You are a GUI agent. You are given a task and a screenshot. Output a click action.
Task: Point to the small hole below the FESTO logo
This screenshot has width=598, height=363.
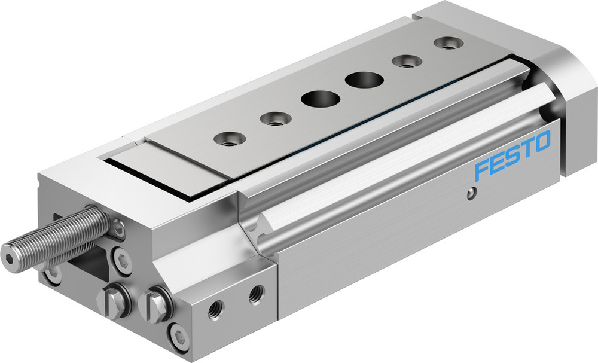click(472, 193)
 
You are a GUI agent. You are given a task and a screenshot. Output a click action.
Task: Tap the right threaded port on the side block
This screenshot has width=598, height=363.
click(257, 293)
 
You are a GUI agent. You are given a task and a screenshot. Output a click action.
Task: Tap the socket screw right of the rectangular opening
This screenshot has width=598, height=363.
click(123, 261)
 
